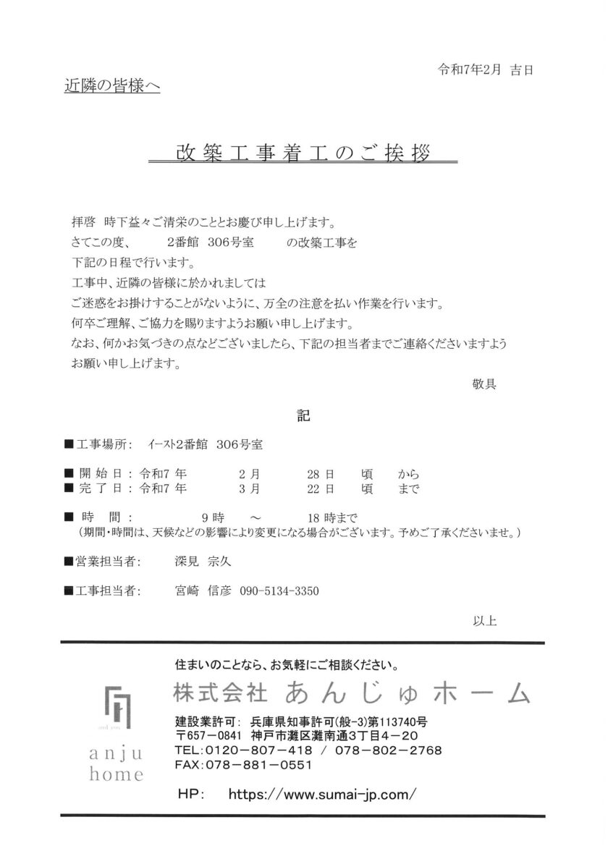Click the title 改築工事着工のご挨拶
(x=303, y=153)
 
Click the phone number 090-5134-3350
(x=279, y=591)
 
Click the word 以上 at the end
(x=484, y=620)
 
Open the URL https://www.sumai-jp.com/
(x=321, y=794)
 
